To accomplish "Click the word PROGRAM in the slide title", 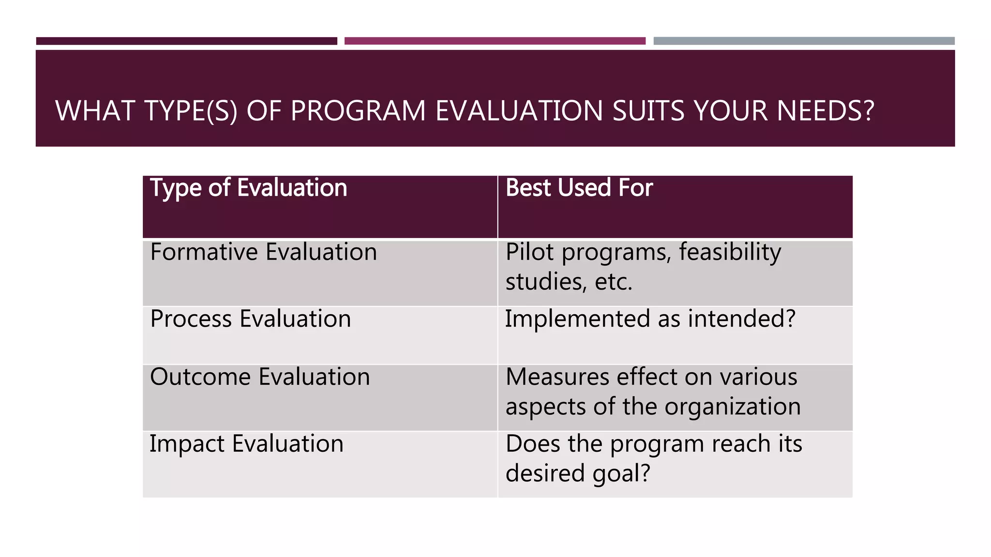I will click(x=358, y=111).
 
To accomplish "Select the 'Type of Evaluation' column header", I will click(x=249, y=188).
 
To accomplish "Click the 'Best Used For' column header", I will click(x=579, y=188).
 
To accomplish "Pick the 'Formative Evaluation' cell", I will click(x=263, y=252).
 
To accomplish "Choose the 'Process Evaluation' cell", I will click(x=250, y=319).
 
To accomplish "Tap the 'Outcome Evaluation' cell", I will click(x=260, y=377).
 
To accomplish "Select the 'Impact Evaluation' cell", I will click(x=246, y=444).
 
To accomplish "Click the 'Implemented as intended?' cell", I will click(x=650, y=319).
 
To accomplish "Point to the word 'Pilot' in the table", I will click(x=530, y=252).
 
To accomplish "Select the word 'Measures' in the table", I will click(x=557, y=377).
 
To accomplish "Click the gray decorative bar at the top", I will click(x=804, y=41).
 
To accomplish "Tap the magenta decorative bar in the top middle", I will click(x=495, y=41).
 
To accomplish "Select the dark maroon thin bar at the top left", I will click(x=186, y=41).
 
